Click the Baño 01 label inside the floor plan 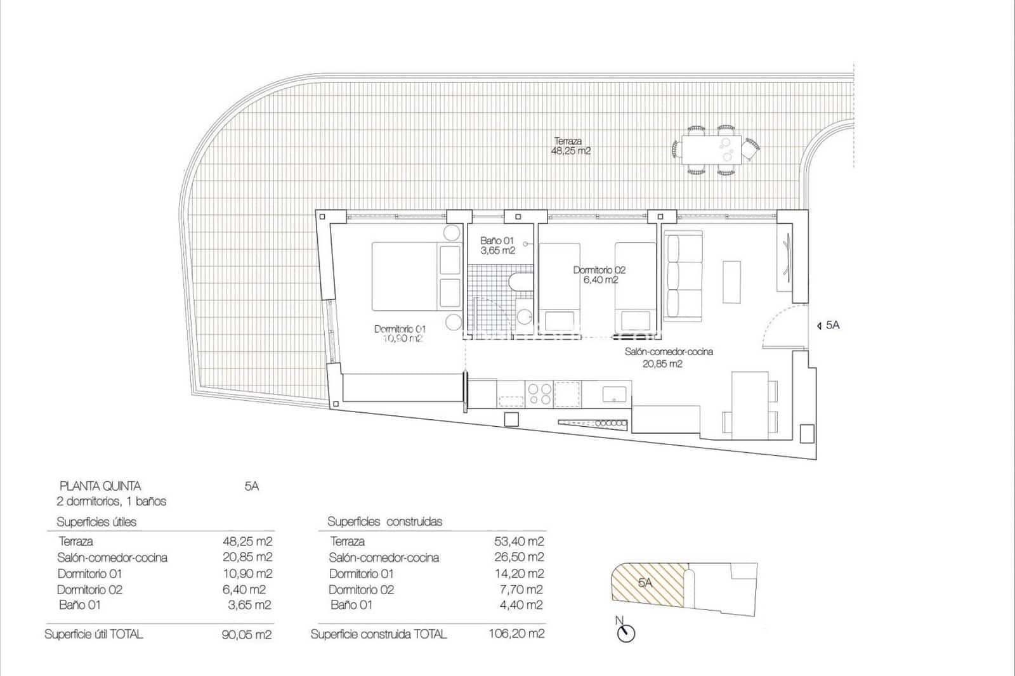pos(497,245)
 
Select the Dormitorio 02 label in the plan pos(599,275)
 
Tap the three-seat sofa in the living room pos(683,276)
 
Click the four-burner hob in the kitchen pos(539,394)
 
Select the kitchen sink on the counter pos(613,393)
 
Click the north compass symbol pos(626,632)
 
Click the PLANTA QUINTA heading pos(100,486)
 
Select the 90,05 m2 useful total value pos(247,634)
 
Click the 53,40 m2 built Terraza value pos(518,542)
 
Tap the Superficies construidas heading pos(384,522)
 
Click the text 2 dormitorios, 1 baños pos(111,502)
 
